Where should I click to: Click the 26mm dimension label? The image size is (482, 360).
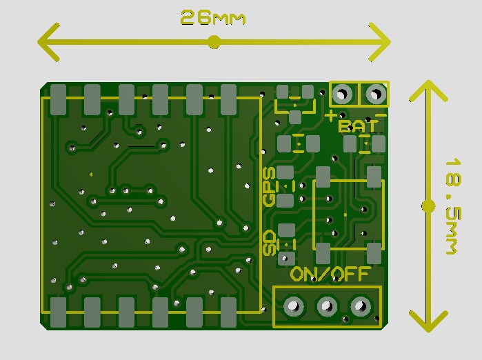[x=212, y=17]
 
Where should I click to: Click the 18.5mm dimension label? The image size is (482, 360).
[x=454, y=206]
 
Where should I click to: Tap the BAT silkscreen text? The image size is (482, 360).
[x=359, y=126]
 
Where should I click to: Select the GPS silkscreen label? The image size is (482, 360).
[x=270, y=187]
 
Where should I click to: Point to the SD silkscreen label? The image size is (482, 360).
[x=270, y=243]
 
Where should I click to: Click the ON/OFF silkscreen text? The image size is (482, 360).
[x=330, y=274]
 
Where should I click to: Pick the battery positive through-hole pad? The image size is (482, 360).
[x=342, y=94]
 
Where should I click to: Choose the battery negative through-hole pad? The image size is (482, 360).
[x=376, y=94]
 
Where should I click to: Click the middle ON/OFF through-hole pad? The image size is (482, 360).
[x=327, y=306]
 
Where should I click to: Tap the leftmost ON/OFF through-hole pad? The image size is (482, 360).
[x=293, y=306]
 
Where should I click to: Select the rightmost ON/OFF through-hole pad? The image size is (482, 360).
[x=361, y=306]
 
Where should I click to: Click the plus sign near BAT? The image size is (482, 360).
[x=332, y=116]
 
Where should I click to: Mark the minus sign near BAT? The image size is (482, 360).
[x=381, y=115]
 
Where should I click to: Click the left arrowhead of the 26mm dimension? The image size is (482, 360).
[x=48, y=42]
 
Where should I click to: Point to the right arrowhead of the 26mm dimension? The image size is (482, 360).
[x=380, y=42]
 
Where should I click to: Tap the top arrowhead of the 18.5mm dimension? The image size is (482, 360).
[x=428, y=91]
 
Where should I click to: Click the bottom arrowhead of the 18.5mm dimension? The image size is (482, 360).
[x=428, y=321]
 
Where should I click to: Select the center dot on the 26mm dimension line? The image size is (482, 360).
[x=214, y=42]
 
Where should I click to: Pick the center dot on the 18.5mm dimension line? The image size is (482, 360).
[x=428, y=206]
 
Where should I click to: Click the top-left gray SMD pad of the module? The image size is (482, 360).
[x=59, y=100]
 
